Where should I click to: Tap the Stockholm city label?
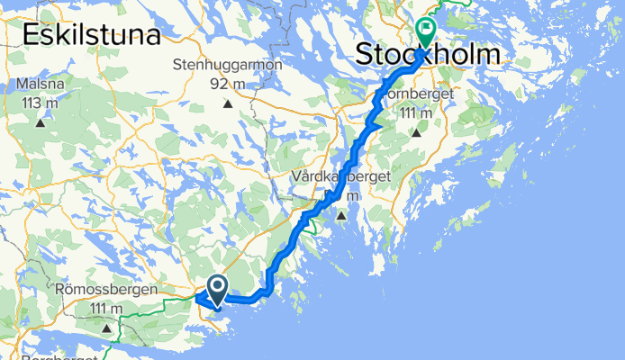tap(428, 56)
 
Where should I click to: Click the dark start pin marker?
tap(218, 289)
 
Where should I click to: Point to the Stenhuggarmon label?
tap(228, 66)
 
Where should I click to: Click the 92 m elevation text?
tap(228, 84)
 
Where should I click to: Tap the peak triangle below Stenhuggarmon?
tap(228, 103)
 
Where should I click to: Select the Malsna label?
tap(41, 85)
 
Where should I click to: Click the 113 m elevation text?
tap(41, 103)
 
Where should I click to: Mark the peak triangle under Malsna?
tap(41, 122)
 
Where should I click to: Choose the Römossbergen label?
tap(119, 291)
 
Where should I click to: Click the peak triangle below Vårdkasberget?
tap(341, 216)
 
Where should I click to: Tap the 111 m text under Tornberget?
tap(416, 113)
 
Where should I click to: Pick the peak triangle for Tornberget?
tap(416, 132)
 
